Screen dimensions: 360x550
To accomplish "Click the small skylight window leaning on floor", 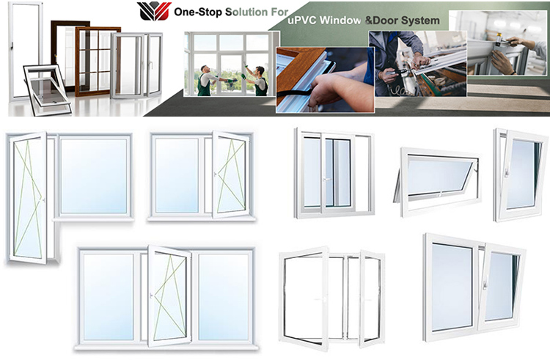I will point(45,85).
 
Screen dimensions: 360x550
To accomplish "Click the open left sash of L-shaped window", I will point(29,196).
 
